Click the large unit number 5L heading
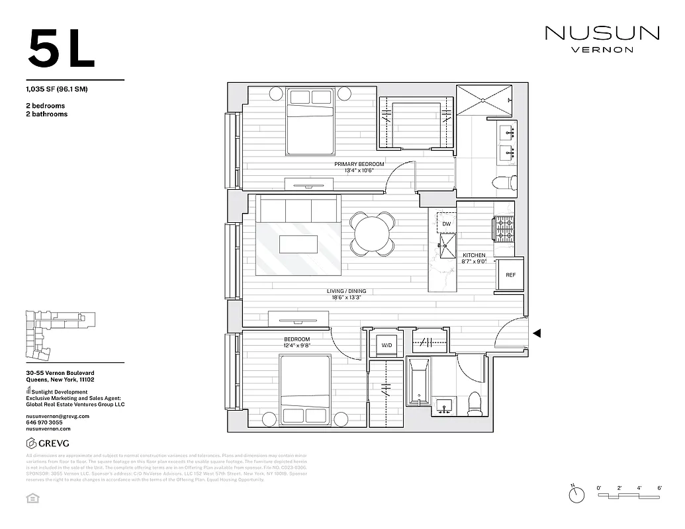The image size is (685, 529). (x=61, y=48)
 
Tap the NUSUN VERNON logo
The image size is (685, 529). (x=602, y=38)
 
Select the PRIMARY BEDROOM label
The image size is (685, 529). (x=359, y=164)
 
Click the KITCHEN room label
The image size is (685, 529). (x=474, y=255)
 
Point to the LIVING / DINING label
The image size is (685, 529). (x=346, y=291)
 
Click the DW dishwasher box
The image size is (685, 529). (x=447, y=224)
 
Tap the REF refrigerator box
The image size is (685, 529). (x=510, y=275)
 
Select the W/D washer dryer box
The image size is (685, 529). (x=385, y=345)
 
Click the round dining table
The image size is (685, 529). (x=373, y=233)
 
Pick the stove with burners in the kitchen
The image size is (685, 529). (x=504, y=229)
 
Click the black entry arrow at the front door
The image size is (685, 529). (x=537, y=333)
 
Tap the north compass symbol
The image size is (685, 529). (x=577, y=493)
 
